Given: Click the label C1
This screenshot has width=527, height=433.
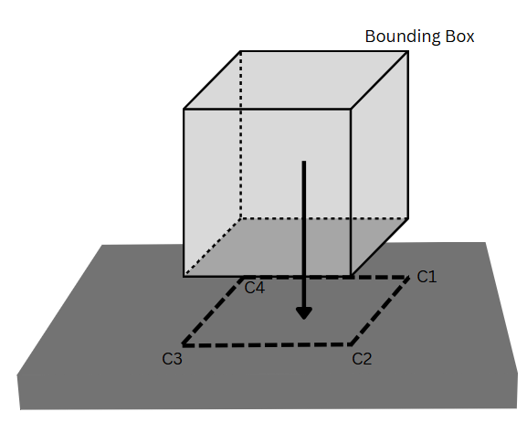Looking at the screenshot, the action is pyautogui.click(x=427, y=277).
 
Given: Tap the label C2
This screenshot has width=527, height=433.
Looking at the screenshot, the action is pyautogui.click(x=362, y=359).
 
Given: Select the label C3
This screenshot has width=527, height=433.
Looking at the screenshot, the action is pyautogui.click(x=172, y=359).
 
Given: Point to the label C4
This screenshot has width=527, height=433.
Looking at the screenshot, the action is pyautogui.click(x=255, y=288).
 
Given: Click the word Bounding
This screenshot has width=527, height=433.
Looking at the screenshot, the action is pyautogui.click(x=403, y=37).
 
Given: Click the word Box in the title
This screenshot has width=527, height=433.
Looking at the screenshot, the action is pyautogui.click(x=459, y=37).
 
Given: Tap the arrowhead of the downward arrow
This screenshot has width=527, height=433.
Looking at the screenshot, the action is pyautogui.click(x=304, y=313).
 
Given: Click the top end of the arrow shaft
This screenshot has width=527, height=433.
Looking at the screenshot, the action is pyautogui.click(x=304, y=162).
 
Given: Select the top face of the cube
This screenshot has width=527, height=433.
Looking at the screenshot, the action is pyautogui.click(x=296, y=80).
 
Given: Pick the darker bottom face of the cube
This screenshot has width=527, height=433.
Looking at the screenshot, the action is pyautogui.click(x=296, y=248).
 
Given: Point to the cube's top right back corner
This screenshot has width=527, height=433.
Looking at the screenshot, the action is pyautogui.click(x=408, y=51).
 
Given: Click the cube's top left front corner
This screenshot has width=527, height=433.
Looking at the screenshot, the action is pyautogui.click(x=184, y=109).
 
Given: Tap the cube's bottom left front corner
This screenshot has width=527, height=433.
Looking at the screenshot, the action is pyautogui.click(x=184, y=277).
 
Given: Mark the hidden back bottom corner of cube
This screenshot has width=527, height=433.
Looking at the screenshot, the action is pyautogui.click(x=241, y=218).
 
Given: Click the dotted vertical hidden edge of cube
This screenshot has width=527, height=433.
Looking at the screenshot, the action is pyautogui.click(x=241, y=135).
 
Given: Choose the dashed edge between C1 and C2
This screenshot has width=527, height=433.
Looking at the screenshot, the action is pyautogui.click(x=380, y=311).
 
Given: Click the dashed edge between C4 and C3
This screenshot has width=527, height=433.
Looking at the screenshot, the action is pyautogui.click(x=213, y=312).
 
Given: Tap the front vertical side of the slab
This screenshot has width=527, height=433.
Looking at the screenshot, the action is pyautogui.click(x=268, y=392).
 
